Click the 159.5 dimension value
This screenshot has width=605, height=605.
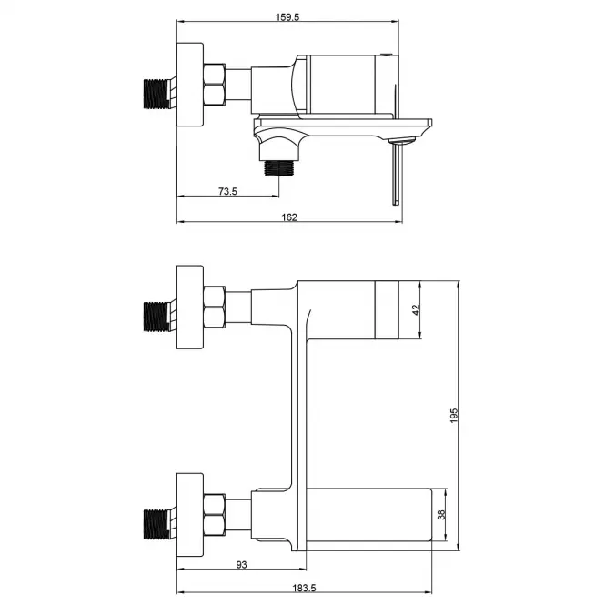pyautogui.click(x=287, y=17)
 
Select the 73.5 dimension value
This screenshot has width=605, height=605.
pyautogui.click(x=227, y=191)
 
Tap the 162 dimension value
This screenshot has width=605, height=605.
pyautogui.click(x=289, y=217)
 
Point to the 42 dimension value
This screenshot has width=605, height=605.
pyautogui.click(x=416, y=309)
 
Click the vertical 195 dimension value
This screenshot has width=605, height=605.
pyautogui.click(x=454, y=415)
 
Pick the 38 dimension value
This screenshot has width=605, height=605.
pyautogui.click(x=441, y=514)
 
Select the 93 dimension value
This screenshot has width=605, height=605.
pyautogui.click(x=241, y=564)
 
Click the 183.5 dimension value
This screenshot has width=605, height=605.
pyautogui.click(x=304, y=588)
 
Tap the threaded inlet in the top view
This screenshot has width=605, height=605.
pyautogui.click(x=156, y=94)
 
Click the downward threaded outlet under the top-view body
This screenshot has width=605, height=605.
pyautogui.click(x=279, y=167)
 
